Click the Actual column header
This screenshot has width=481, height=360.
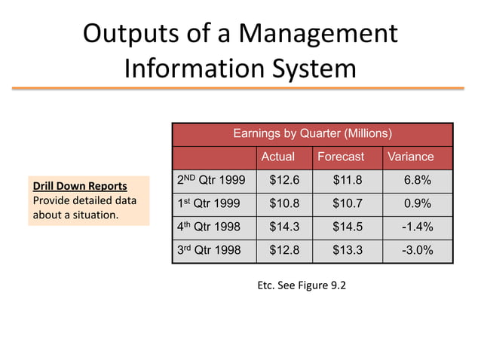277,157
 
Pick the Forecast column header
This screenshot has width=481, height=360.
340,157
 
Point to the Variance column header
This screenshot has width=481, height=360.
410,157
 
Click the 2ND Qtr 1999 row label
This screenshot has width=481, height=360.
210,180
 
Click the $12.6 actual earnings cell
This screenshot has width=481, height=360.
284,180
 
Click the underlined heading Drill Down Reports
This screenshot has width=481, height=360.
79,186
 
